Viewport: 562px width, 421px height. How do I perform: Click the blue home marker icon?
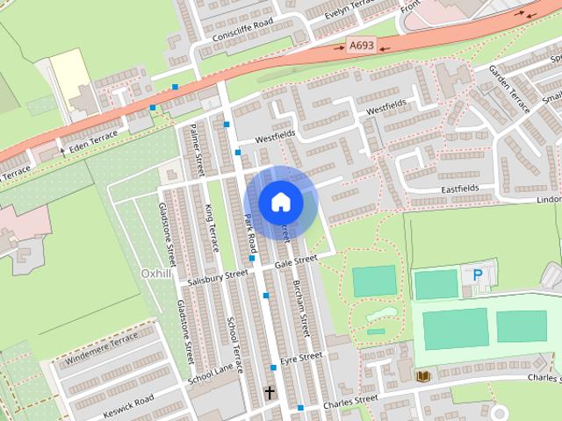pos(280,202)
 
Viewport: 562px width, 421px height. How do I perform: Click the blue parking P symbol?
pos(478,275)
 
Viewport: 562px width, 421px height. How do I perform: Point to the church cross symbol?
pos(270,393)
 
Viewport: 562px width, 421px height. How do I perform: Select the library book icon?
pos(423,375)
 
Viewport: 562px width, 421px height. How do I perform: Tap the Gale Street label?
pos(294,260)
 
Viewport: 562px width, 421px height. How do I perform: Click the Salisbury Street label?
pos(219,277)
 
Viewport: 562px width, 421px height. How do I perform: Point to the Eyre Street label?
pos(301,358)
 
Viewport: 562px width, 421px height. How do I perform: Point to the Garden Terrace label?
pos(510,88)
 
